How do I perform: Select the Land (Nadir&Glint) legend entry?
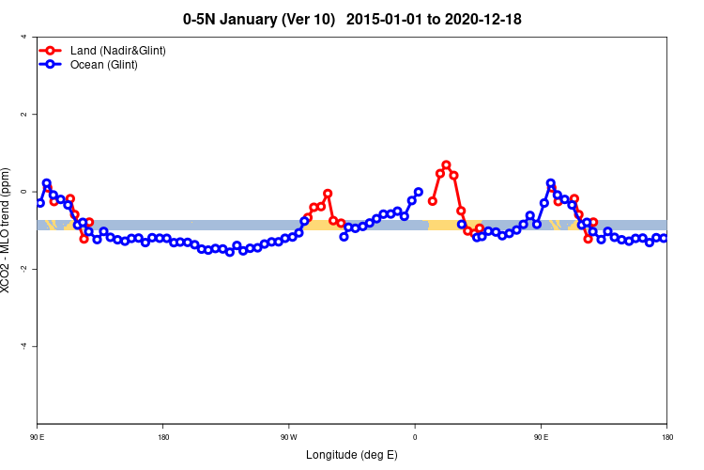[117, 50]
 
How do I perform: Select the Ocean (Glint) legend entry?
[103, 65]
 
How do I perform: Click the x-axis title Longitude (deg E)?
[352, 455]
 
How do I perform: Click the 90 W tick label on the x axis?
[288, 437]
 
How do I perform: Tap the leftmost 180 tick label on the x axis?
[163, 437]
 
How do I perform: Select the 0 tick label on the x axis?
[415, 437]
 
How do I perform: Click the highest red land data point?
[446, 165]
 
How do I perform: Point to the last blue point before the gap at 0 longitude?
[419, 192]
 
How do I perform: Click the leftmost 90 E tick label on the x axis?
[38, 437]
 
